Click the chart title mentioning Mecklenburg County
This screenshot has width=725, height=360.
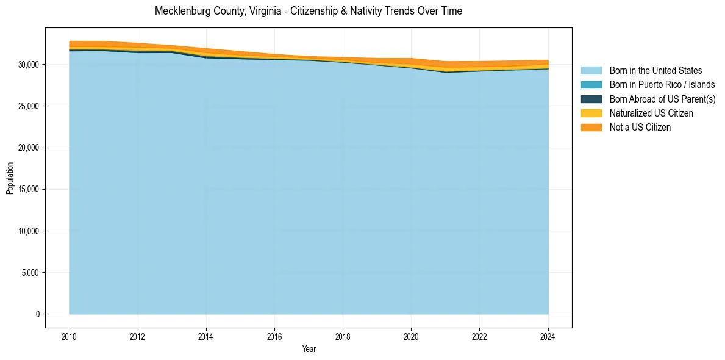[x=309, y=11]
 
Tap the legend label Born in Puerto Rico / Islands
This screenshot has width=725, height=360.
[x=662, y=85]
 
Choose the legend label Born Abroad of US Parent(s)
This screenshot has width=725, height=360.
[x=662, y=99]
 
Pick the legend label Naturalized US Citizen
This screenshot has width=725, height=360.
[x=651, y=113]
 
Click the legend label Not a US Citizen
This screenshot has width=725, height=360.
[x=640, y=128]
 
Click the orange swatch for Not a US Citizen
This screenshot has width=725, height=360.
[x=591, y=128]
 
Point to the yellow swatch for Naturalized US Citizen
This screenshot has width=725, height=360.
[x=591, y=113]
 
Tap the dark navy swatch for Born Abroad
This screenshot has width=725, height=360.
[x=591, y=99]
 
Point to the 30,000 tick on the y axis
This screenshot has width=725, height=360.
[x=29, y=64]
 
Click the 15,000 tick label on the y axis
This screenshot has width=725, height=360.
[x=29, y=189]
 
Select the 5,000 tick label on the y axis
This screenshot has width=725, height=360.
[x=30, y=273]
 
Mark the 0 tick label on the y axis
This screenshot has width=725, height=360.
[x=37, y=314]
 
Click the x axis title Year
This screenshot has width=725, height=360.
[x=309, y=349]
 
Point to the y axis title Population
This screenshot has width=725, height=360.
[x=10, y=178]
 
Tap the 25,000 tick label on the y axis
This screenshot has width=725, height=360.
[x=29, y=106]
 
